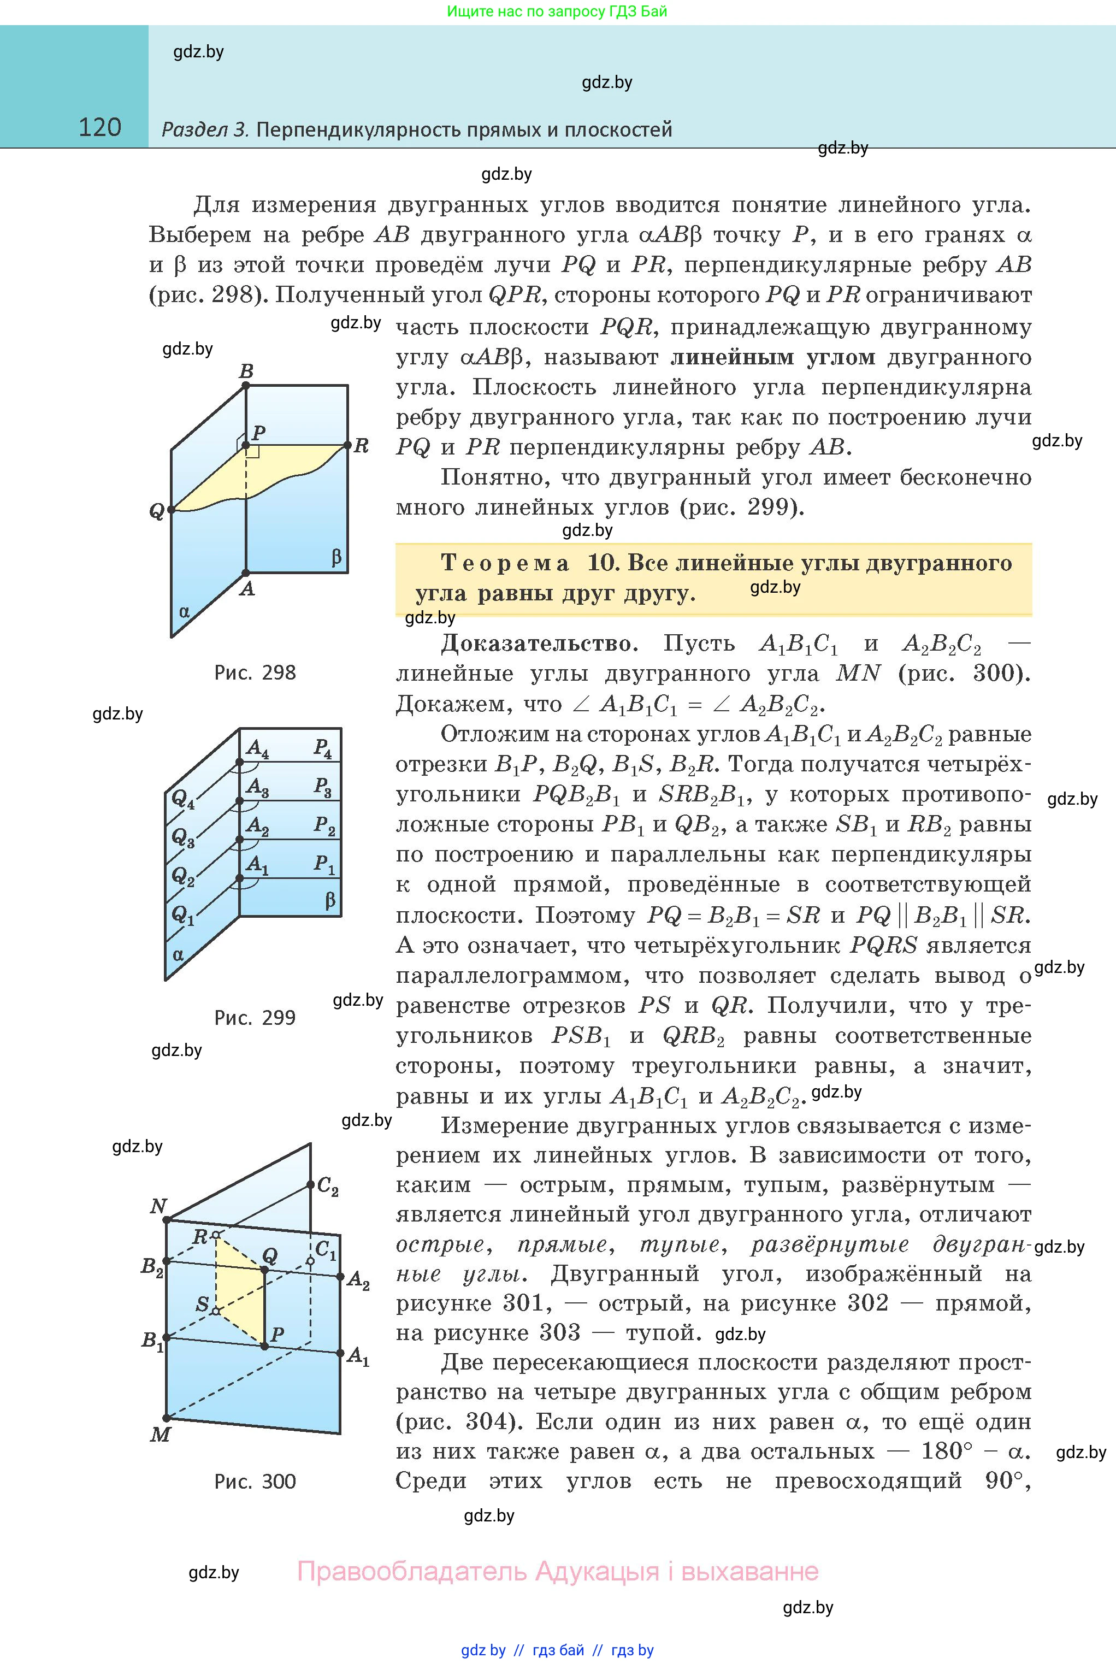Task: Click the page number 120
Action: (x=99, y=127)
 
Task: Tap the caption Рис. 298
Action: (x=255, y=672)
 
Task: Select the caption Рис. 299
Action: (x=255, y=1018)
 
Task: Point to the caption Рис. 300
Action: (x=255, y=1482)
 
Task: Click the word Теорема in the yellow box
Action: (x=505, y=563)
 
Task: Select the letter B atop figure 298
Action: (x=246, y=371)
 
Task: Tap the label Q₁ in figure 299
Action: (x=182, y=914)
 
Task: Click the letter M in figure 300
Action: (x=160, y=1434)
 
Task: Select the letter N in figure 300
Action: (x=158, y=1206)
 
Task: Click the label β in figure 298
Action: (x=336, y=557)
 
